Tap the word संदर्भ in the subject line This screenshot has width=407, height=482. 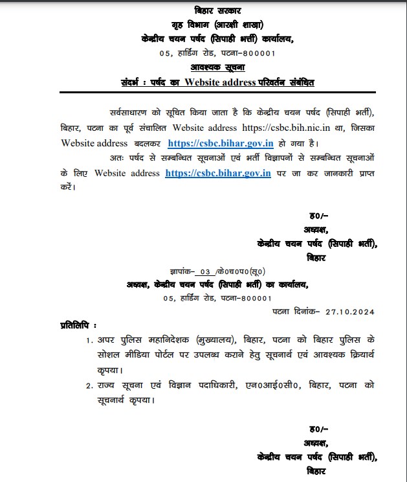[x=135, y=82]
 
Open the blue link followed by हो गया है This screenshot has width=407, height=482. [x=221, y=143]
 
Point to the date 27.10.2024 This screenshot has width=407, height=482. [x=350, y=312]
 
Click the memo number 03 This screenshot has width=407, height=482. [x=206, y=271]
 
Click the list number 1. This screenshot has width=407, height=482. [x=89, y=340]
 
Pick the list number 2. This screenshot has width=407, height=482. [x=89, y=385]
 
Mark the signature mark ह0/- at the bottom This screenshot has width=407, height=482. [x=317, y=430]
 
